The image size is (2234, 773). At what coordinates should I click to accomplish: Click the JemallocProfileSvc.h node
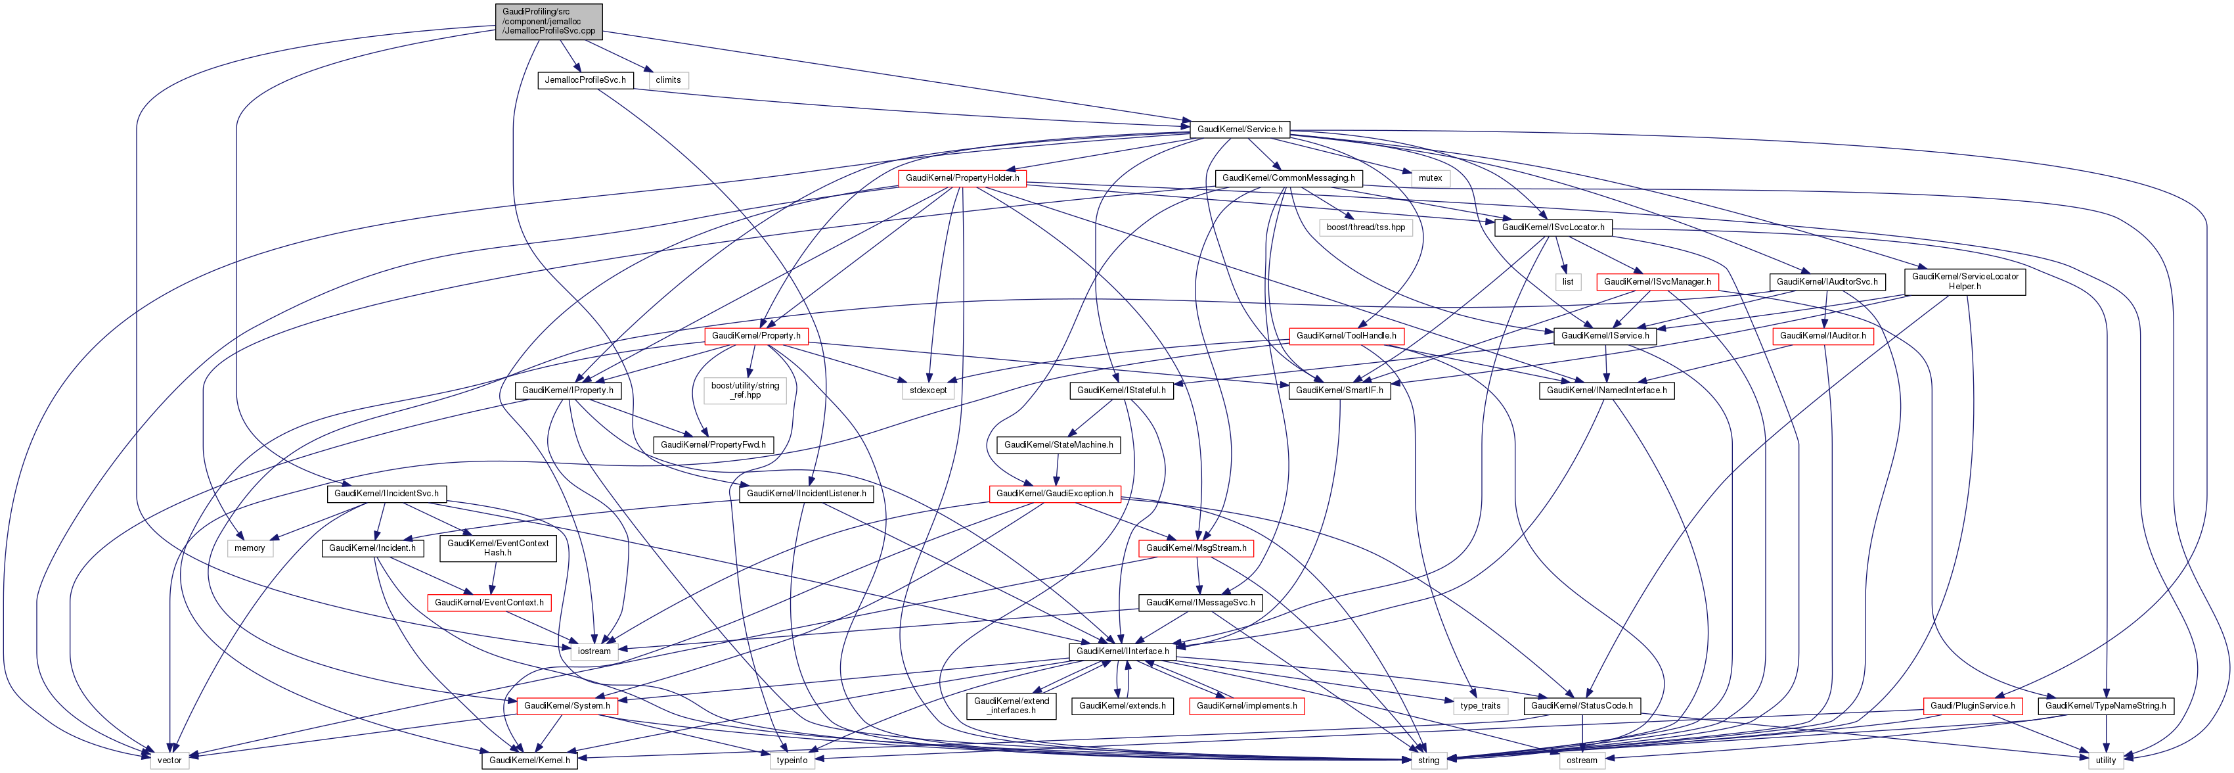point(585,80)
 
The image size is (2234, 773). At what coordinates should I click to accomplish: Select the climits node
point(668,80)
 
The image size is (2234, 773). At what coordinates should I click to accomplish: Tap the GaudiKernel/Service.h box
point(1240,129)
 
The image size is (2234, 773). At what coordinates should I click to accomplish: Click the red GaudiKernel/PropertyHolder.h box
point(962,178)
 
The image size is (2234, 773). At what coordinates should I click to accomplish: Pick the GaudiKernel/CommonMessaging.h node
point(1288,178)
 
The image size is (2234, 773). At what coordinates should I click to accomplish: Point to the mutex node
point(1430,178)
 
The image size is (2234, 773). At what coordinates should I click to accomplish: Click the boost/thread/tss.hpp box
point(1365,227)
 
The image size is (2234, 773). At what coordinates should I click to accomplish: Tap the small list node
point(1567,282)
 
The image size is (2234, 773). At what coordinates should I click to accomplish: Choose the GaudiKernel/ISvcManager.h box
point(1657,282)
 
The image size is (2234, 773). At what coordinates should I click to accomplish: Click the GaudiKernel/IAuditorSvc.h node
point(1826,282)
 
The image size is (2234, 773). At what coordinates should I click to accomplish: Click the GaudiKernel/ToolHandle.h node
point(1346,336)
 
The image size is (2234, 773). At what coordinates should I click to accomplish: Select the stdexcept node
point(928,390)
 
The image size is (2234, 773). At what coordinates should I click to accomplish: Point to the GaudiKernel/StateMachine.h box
point(1058,445)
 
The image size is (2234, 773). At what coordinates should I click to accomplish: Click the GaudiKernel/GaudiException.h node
point(1054,494)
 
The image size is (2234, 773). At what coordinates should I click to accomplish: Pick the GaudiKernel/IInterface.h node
point(1122,651)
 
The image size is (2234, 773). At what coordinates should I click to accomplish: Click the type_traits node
point(1479,706)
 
